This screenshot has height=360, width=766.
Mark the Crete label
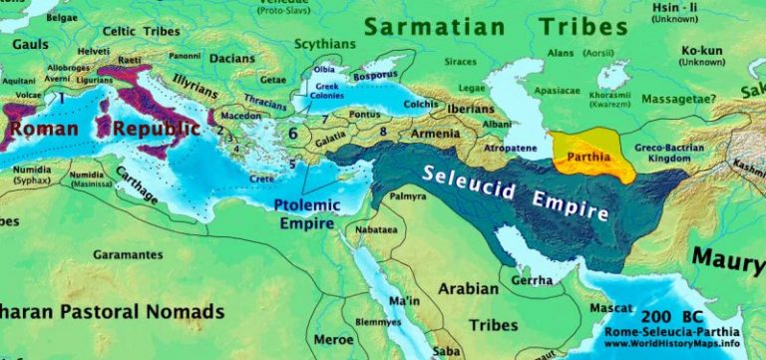[262, 178]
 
